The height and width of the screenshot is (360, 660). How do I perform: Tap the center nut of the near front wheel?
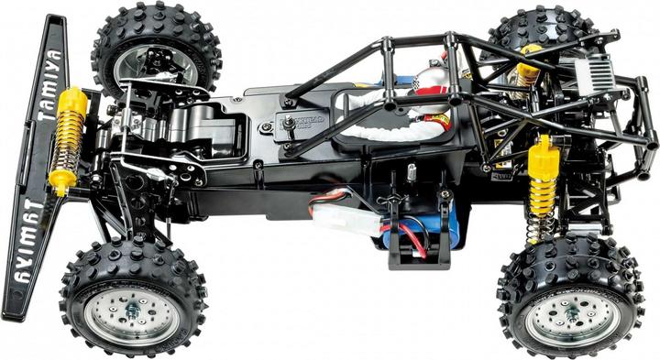point(133,311)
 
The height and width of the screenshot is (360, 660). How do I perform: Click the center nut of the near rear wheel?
point(572,311)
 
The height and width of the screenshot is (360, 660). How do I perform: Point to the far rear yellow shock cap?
point(530,51)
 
